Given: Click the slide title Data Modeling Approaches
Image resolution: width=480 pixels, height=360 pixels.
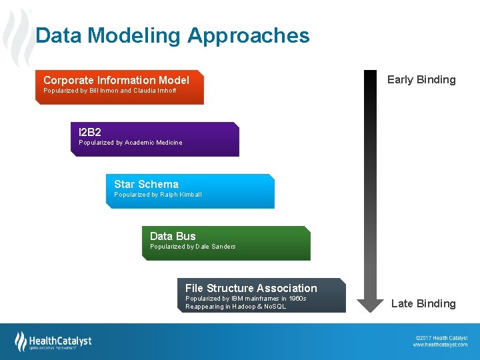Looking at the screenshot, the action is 172,35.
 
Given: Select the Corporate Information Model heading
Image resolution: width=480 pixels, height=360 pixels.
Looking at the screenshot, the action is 116,80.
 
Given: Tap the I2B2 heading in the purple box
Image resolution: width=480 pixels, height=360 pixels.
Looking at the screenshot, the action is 90,132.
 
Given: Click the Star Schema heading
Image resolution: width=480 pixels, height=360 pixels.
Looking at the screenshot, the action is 146,184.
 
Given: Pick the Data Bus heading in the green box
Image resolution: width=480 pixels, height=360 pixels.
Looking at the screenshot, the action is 173,236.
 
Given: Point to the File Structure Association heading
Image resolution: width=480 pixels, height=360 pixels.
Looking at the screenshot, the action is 251,288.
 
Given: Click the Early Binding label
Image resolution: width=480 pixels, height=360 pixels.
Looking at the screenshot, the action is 421,79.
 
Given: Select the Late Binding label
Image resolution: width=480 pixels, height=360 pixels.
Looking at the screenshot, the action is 423,303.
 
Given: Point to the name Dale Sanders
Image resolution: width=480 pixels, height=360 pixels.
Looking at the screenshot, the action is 215,247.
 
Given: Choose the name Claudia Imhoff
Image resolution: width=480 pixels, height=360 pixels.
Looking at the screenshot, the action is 155,91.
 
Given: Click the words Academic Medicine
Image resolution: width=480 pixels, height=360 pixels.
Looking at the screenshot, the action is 153,143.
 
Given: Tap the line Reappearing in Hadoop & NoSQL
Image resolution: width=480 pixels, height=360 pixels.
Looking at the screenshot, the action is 235,307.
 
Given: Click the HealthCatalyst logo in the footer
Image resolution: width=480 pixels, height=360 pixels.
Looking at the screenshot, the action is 53,341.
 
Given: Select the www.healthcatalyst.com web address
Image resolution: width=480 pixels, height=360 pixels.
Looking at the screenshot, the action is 440,345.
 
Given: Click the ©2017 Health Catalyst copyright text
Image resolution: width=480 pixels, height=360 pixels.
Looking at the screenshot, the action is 441,337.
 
